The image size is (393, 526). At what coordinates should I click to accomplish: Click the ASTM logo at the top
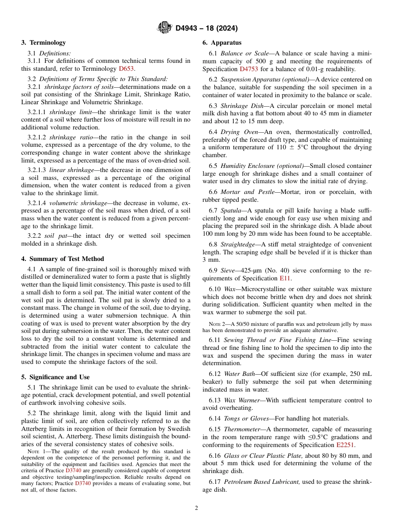[165, 28]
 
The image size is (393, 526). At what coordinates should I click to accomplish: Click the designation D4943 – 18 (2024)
[206, 28]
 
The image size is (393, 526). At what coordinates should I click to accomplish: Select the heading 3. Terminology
[43, 43]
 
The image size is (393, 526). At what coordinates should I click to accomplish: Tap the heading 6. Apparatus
[222, 43]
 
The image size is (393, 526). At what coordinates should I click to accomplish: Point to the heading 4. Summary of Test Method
[62, 259]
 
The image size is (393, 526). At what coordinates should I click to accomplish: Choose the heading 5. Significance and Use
[55, 377]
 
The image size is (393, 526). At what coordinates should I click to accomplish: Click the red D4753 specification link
[249, 69]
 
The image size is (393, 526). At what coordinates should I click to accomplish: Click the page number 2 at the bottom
[196, 508]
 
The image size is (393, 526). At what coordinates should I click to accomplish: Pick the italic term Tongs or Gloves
[246, 418]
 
